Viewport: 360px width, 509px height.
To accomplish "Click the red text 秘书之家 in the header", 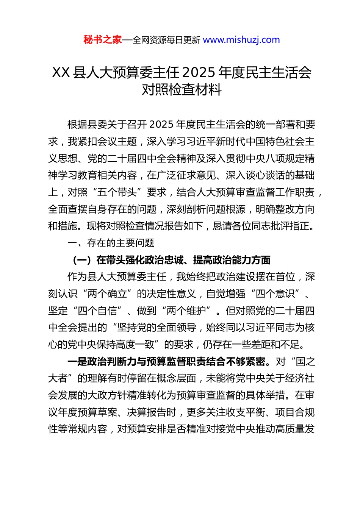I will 102,40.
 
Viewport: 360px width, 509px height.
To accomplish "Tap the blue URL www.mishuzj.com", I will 241,40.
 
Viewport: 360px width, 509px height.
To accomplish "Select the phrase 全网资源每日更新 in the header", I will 166,40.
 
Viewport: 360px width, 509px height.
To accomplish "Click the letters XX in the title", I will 61,72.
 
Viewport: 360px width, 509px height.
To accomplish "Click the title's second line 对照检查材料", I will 182,90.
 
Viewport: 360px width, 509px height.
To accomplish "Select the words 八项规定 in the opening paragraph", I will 275,159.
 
